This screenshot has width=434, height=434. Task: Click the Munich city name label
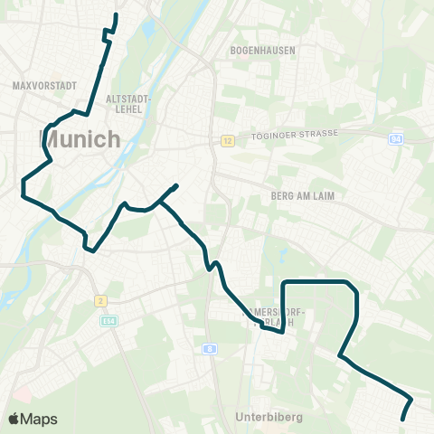(x=80, y=139)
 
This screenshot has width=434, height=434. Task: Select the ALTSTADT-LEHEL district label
(x=128, y=102)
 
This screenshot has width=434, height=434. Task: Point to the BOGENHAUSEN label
(x=263, y=51)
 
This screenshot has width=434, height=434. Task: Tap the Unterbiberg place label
(x=268, y=417)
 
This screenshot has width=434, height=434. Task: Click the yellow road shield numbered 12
(x=227, y=140)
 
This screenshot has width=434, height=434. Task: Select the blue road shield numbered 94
(x=396, y=138)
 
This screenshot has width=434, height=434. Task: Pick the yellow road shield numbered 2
(x=100, y=300)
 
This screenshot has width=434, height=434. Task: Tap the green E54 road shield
(x=108, y=320)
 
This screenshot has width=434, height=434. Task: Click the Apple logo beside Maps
(x=14, y=419)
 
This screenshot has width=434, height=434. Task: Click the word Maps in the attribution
(x=39, y=419)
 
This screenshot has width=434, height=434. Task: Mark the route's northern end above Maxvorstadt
(x=116, y=15)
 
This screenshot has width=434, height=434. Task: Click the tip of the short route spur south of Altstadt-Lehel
(x=176, y=185)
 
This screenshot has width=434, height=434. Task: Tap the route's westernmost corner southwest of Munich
(x=22, y=188)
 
